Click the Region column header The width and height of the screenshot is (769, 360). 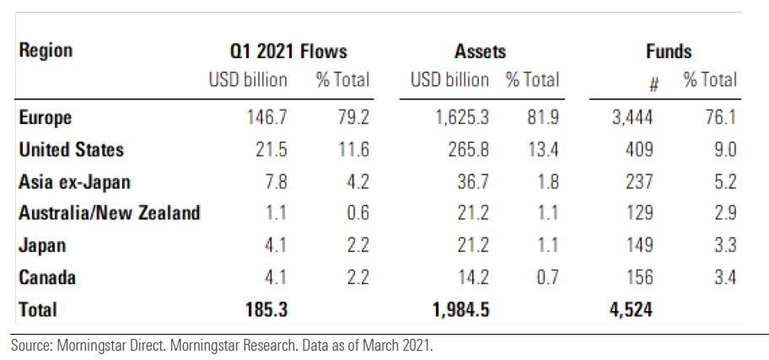coord(46,51)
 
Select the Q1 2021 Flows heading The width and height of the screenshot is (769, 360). coord(288,51)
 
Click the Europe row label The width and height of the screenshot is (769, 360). coord(46,117)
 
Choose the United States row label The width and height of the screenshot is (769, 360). coord(72,149)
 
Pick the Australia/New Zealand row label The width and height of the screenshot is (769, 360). coord(110,212)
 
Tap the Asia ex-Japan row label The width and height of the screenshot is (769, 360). coord(75,181)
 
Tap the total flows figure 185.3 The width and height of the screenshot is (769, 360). coord(265,309)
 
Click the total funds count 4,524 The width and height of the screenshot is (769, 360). coord(630,309)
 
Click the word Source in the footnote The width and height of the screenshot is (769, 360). coord(32,346)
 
